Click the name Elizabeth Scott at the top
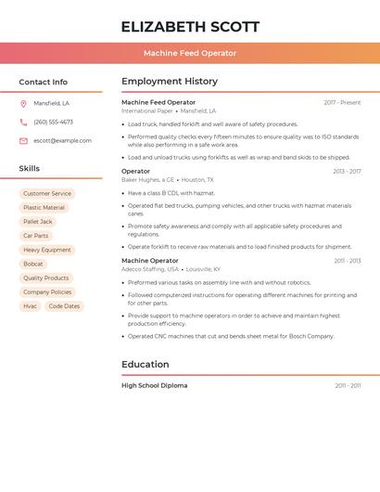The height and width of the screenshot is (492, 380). click(190, 27)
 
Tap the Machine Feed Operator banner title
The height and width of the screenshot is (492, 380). click(190, 53)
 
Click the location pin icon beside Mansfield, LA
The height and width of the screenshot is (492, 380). click(23, 103)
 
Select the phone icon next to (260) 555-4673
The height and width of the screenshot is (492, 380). click(23, 122)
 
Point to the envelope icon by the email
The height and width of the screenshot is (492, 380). click(23, 140)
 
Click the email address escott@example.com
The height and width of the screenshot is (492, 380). click(62, 140)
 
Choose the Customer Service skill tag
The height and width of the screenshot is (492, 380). click(47, 194)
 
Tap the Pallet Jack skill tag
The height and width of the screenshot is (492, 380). click(38, 222)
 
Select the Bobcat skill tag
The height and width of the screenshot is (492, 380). click(33, 264)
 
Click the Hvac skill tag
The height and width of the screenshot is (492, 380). click(31, 305)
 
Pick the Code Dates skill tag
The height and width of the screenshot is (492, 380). click(64, 305)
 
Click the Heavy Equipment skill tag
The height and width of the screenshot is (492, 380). click(47, 250)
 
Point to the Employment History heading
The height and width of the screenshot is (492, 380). click(170, 82)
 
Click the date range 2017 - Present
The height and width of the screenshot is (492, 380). click(342, 102)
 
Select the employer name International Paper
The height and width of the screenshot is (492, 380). click(147, 110)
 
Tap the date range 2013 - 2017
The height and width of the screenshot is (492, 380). click(347, 171)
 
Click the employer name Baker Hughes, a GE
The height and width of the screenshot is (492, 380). click(148, 179)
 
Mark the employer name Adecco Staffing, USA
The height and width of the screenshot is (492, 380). click(150, 269)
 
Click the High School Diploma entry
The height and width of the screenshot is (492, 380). click(154, 385)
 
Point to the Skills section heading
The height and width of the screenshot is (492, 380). click(30, 169)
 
